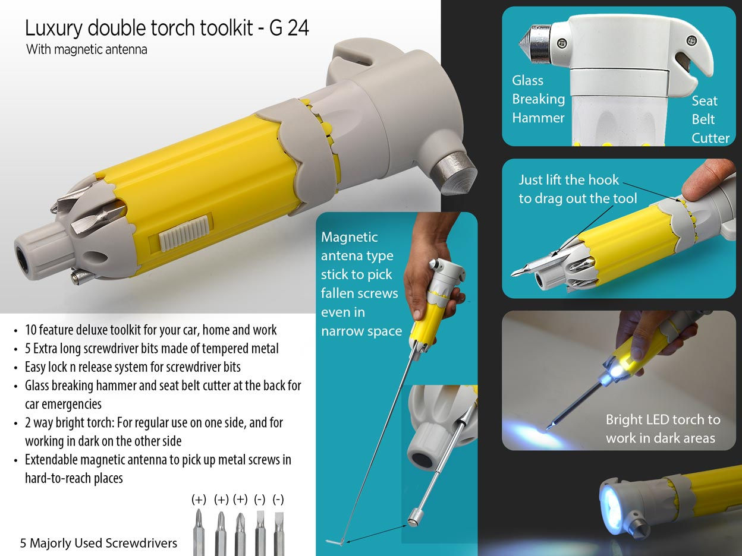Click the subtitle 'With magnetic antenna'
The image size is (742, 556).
click(x=86, y=49)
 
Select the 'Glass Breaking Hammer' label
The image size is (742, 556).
click(x=538, y=99)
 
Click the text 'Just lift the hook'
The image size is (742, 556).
click(x=568, y=180)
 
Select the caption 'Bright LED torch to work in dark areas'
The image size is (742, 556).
click(x=662, y=428)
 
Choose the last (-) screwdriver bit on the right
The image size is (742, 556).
click(x=278, y=532)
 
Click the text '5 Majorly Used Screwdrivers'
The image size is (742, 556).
click(x=99, y=542)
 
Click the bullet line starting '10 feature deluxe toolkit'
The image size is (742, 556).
click(x=150, y=330)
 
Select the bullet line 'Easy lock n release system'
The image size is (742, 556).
click(x=132, y=367)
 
